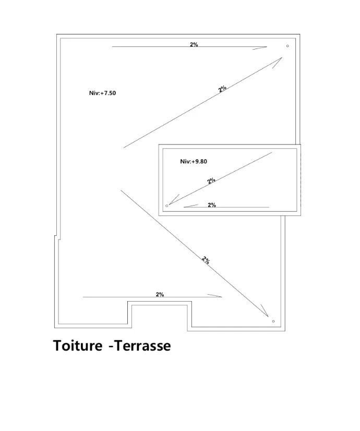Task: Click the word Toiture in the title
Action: pos(78,345)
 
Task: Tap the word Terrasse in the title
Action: pos(142,345)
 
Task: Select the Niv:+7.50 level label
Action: pos(102,93)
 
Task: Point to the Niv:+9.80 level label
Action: pos(194,161)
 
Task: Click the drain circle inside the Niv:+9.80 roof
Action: pos(167,206)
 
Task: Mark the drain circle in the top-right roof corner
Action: pos(287,46)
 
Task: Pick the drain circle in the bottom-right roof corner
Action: pos(273,321)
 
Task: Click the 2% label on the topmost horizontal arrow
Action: pos(194,44)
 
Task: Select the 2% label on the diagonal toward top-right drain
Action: pos(222,89)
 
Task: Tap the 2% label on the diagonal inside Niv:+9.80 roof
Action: pos(211,181)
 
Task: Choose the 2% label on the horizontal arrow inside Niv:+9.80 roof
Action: pos(212,205)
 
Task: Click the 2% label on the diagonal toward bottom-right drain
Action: pos(206,260)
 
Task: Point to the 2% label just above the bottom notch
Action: pos(160,294)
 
